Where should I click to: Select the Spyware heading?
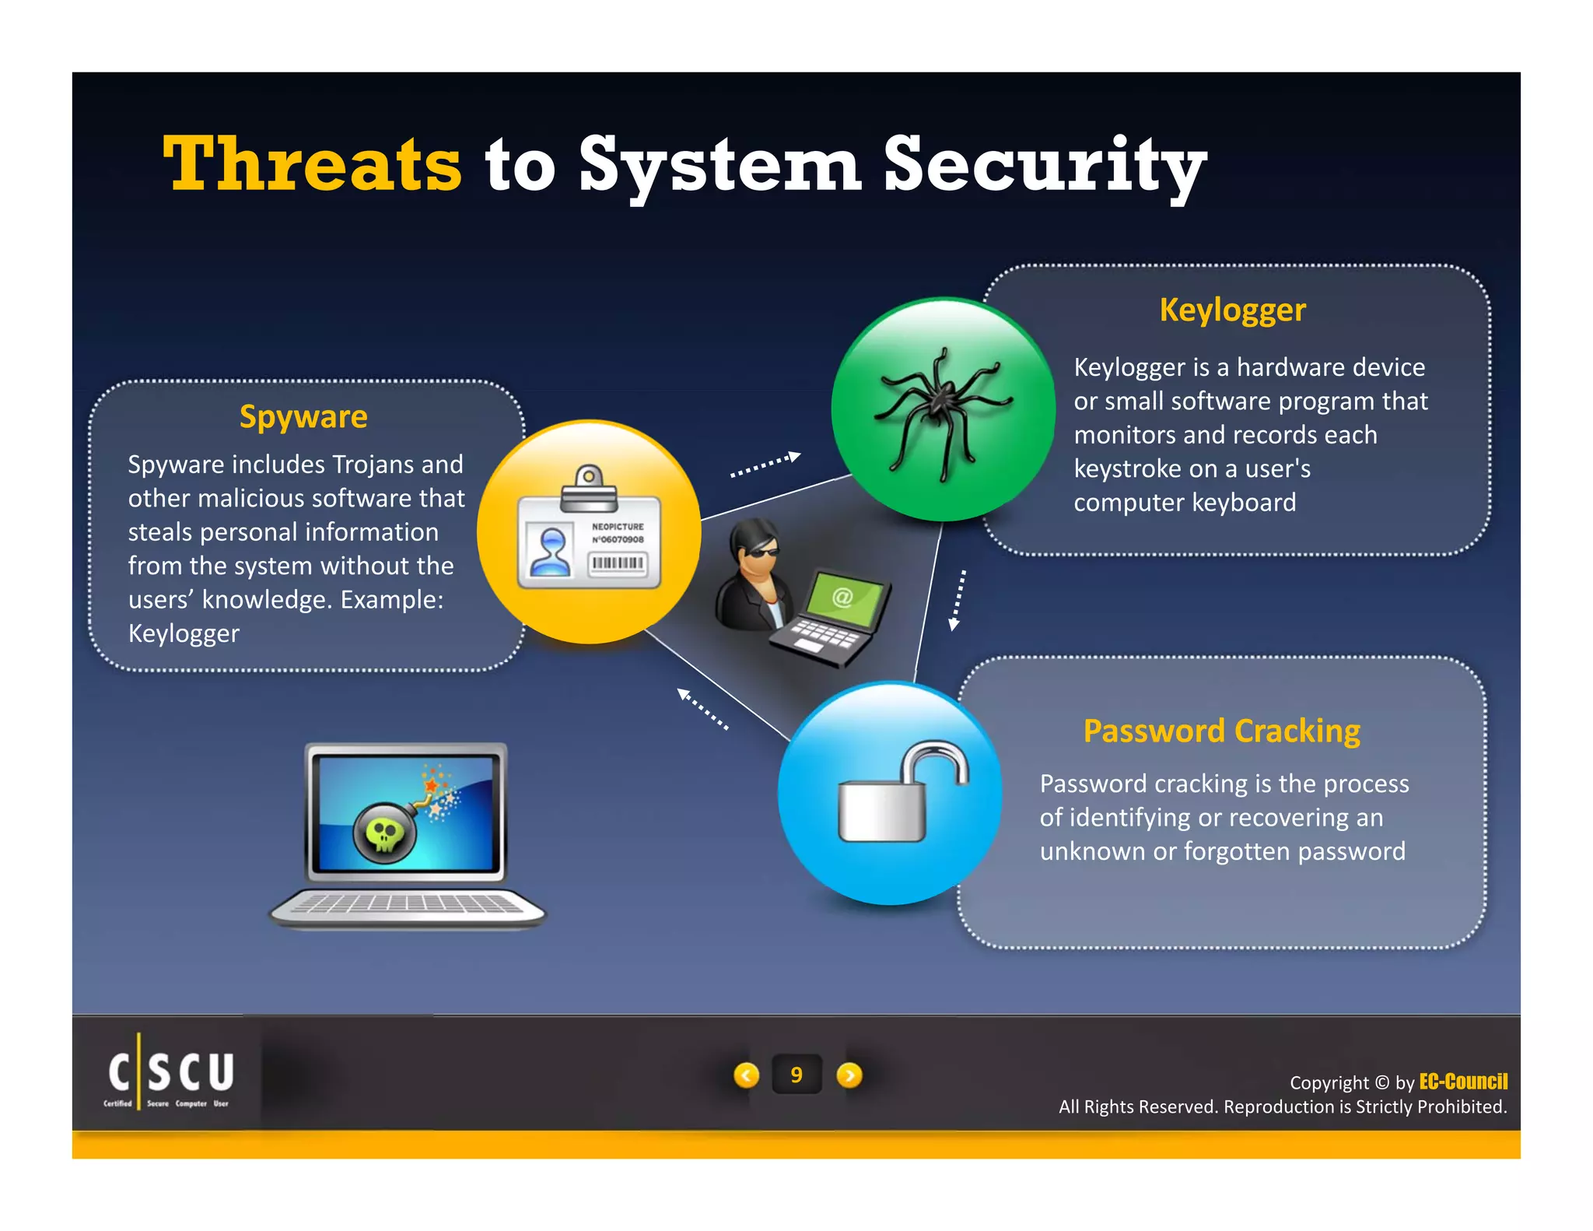click(x=303, y=417)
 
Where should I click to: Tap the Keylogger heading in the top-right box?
click(x=1232, y=310)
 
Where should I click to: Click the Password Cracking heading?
click(x=1221, y=731)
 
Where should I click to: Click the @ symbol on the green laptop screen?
click(x=842, y=598)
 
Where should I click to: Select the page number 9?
click(x=796, y=1075)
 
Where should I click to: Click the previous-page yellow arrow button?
click(x=747, y=1075)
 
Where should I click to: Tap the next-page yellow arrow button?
click(x=849, y=1075)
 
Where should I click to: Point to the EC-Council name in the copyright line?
click(x=1463, y=1082)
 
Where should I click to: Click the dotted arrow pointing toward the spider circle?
click(x=765, y=464)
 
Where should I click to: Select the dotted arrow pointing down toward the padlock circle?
click(x=958, y=599)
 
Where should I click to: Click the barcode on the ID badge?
click(x=618, y=563)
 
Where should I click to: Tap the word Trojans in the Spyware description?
click(x=363, y=465)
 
